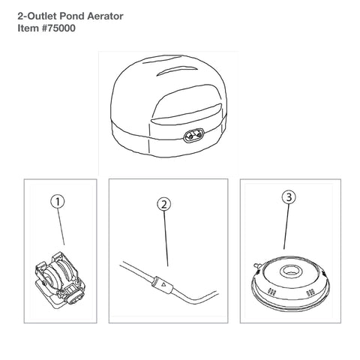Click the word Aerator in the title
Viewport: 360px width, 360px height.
105,16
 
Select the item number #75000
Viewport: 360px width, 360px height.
58,28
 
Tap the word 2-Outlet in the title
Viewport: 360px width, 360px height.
37,16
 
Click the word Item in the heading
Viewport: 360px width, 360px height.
28,28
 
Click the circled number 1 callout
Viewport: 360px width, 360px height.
58,202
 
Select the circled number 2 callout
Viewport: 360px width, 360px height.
163,204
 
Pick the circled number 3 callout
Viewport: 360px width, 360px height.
289,197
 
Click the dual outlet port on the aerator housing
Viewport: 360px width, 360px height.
194,136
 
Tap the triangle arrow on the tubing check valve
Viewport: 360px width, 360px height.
163,284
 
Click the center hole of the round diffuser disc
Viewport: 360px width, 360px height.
291,271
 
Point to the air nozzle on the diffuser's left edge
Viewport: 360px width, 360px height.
256,265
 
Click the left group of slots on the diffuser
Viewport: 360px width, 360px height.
272,292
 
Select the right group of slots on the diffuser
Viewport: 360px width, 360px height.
310,292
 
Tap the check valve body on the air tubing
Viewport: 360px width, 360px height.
162,284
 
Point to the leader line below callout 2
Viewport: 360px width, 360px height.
166,238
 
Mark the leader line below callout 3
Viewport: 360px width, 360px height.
286,226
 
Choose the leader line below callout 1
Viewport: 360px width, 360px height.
61,227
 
